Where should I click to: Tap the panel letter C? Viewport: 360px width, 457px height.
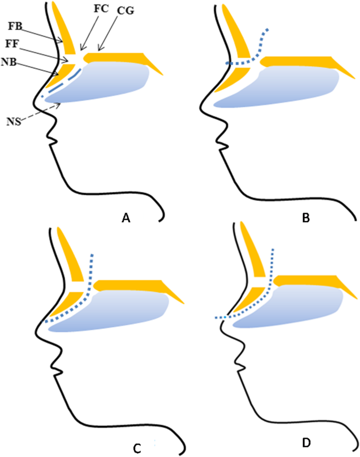pyautogui.click(x=137, y=448)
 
